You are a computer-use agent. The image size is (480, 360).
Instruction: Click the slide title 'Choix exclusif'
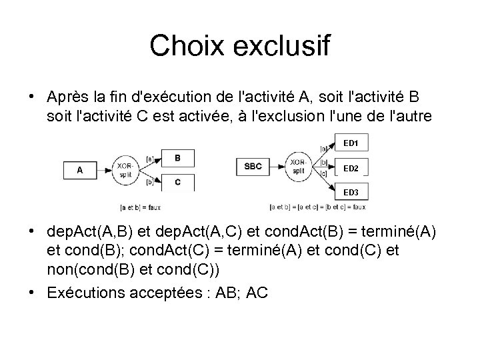point(239,46)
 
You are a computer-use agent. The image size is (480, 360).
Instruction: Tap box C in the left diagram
point(177,181)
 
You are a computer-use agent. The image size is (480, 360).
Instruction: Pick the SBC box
point(253,166)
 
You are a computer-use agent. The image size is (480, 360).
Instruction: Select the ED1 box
point(351,143)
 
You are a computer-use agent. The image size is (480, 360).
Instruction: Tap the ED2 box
point(351,168)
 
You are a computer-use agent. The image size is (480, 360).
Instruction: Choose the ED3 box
point(351,193)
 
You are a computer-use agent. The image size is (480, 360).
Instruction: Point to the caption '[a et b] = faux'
point(140,207)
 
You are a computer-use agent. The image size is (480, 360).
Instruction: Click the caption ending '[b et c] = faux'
point(319,207)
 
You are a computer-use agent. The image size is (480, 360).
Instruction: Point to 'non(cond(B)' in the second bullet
point(84,270)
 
